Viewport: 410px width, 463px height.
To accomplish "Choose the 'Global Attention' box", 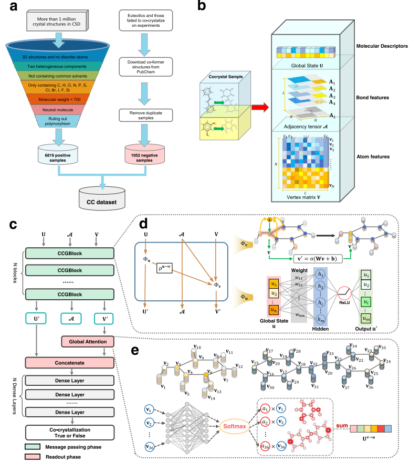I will click(x=87, y=342).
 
